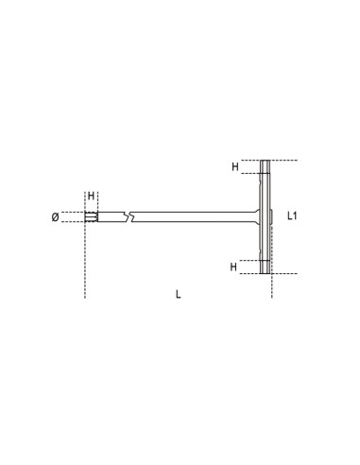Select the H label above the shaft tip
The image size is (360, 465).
92,198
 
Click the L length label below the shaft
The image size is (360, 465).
179,293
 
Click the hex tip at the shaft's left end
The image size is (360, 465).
92,216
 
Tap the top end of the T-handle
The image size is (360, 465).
266,164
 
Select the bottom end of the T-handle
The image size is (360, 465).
266,270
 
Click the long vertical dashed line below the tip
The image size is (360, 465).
85,265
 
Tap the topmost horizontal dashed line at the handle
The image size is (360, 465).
283,160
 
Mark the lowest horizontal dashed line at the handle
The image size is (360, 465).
283,274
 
